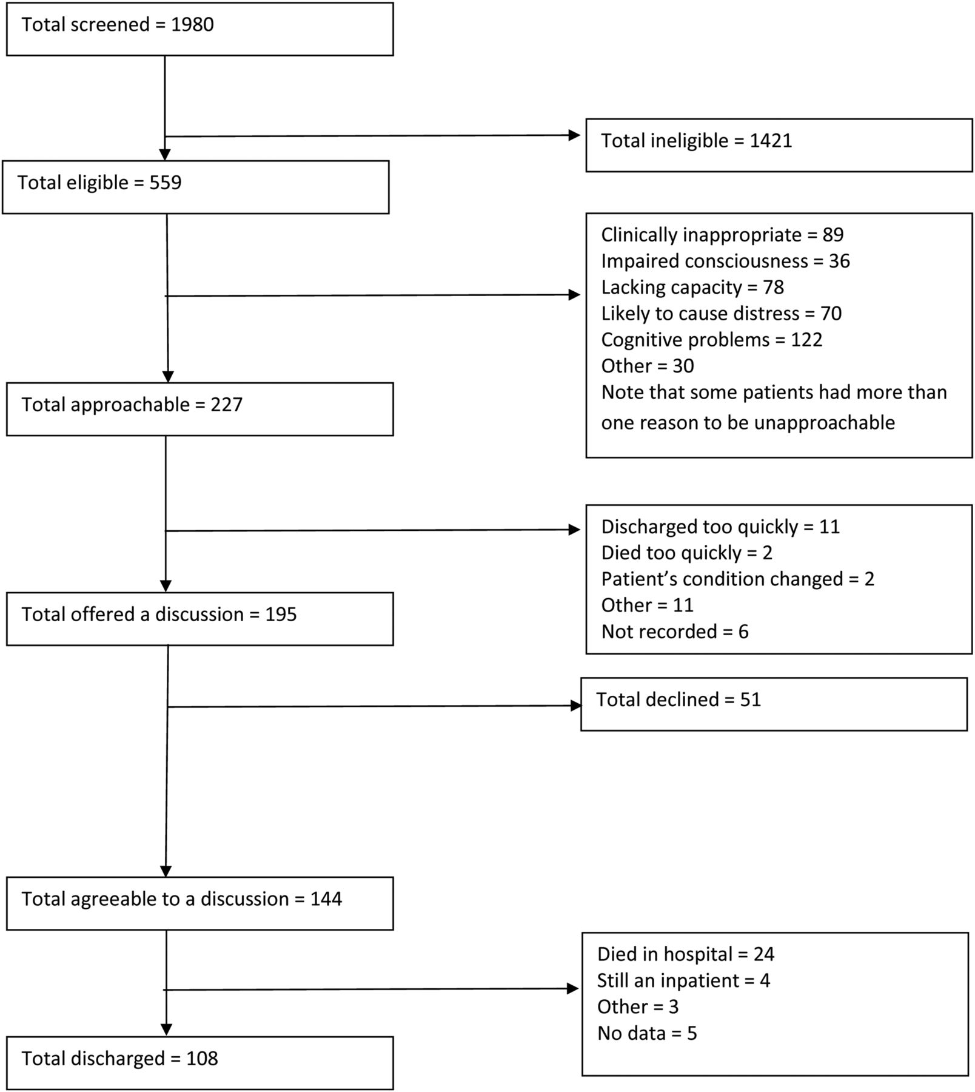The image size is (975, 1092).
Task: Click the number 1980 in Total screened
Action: [x=192, y=25]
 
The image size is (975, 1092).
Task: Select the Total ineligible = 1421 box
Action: [x=779, y=145]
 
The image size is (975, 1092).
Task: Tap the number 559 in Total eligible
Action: [x=166, y=183]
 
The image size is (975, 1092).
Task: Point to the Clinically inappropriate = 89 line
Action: [x=722, y=235]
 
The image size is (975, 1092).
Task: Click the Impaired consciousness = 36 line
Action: [x=725, y=261]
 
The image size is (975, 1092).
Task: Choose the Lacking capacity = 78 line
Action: [x=692, y=287]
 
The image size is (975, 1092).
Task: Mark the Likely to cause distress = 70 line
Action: [x=721, y=314]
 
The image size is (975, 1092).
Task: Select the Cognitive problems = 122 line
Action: [x=711, y=340]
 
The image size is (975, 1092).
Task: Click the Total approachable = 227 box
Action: [x=200, y=409]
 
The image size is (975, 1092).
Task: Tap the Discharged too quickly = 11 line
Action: [x=720, y=527]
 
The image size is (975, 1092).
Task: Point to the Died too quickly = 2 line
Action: [x=686, y=553]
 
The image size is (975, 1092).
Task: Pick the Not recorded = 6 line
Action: [x=675, y=632]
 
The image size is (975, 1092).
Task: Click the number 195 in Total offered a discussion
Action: [x=281, y=615]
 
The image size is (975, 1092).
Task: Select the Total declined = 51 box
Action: [x=774, y=704]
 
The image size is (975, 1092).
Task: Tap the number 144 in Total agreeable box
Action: [x=326, y=899]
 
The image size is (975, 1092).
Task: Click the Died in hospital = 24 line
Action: [x=686, y=954]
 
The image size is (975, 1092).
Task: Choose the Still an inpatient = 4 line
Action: [x=683, y=980]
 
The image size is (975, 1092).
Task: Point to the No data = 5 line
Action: [x=647, y=1033]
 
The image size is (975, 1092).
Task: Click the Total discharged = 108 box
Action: [x=200, y=1063]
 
